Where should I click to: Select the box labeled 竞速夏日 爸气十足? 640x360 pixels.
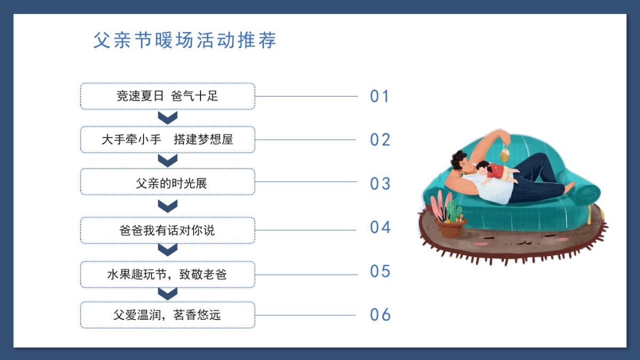click(x=167, y=97)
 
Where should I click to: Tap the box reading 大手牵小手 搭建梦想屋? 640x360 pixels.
click(x=167, y=140)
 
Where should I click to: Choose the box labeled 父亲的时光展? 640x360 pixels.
click(x=167, y=183)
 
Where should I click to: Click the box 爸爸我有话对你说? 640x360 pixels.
click(x=167, y=230)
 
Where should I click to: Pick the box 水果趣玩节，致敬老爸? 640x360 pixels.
click(x=167, y=275)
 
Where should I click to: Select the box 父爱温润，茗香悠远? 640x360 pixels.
click(x=167, y=315)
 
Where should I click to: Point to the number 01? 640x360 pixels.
click(x=380, y=97)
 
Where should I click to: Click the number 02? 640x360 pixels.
click(x=380, y=140)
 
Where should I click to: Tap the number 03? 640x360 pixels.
click(x=380, y=183)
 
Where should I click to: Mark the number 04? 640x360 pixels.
click(x=380, y=227)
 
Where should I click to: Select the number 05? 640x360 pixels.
click(x=380, y=271)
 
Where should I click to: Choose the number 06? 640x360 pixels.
click(x=380, y=315)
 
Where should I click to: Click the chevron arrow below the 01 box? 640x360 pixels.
click(x=168, y=117)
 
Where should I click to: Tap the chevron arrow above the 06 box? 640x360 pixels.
click(x=168, y=293)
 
